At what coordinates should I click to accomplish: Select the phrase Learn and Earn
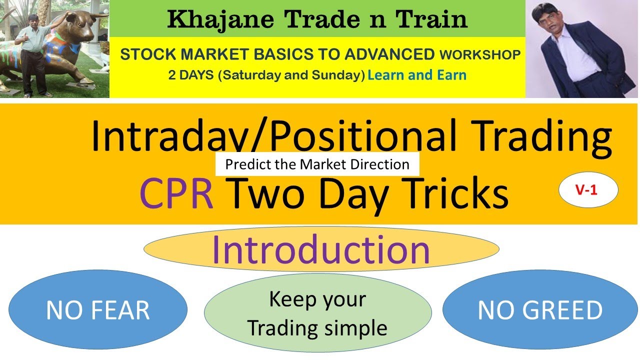point(416,75)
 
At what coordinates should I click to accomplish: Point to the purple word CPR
point(176,194)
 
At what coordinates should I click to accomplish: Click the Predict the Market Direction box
point(317,164)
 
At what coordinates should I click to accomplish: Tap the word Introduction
point(320,249)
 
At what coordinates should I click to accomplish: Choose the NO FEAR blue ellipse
point(98,310)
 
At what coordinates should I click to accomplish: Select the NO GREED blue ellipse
point(540,310)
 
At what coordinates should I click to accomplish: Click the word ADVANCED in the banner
point(393,54)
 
